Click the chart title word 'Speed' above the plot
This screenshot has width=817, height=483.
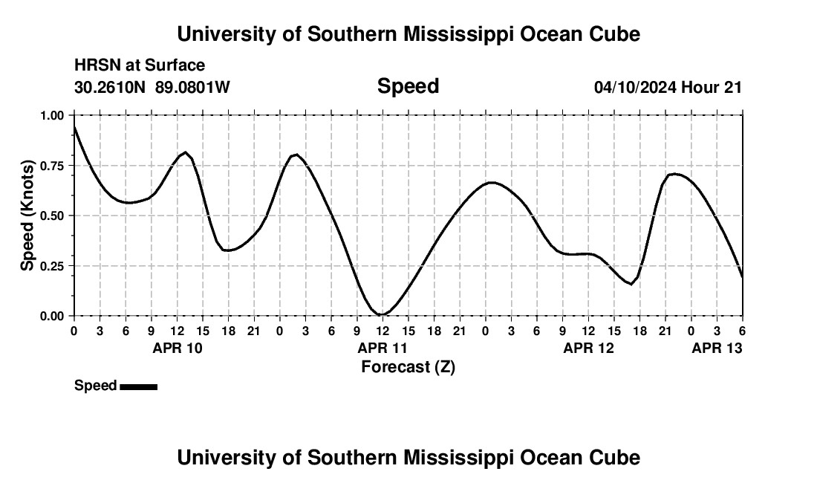pyautogui.click(x=408, y=86)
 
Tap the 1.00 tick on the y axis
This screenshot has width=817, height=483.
pyautogui.click(x=54, y=115)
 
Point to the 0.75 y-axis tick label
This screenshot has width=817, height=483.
pyautogui.click(x=54, y=166)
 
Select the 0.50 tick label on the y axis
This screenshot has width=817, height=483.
pyautogui.click(x=54, y=215)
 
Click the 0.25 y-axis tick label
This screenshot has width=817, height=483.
pyautogui.click(x=54, y=266)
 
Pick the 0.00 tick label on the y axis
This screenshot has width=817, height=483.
pyautogui.click(x=54, y=316)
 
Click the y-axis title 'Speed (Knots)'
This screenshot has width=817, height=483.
pyautogui.click(x=27, y=215)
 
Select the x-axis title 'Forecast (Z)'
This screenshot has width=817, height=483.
pyautogui.click(x=408, y=366)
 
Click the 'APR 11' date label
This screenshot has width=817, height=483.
pyautogui.click(x=383, y=348)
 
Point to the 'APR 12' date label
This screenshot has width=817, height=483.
pyautogui.click(x=588, y=348)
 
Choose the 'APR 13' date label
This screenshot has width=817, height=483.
pyautogui.click(x=717, y=348)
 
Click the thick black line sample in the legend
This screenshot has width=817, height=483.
pyautogui.click(x=138, y=386)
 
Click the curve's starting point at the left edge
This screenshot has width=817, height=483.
pyautogui.click(x=74, y=127)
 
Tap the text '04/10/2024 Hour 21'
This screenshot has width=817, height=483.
pyautogui.click(x=668, y=87)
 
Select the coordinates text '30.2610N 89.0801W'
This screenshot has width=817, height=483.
pyautogui.click(x=152, y=87)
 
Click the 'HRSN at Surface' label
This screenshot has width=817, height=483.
pyautogui.click(x=140, y=66)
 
